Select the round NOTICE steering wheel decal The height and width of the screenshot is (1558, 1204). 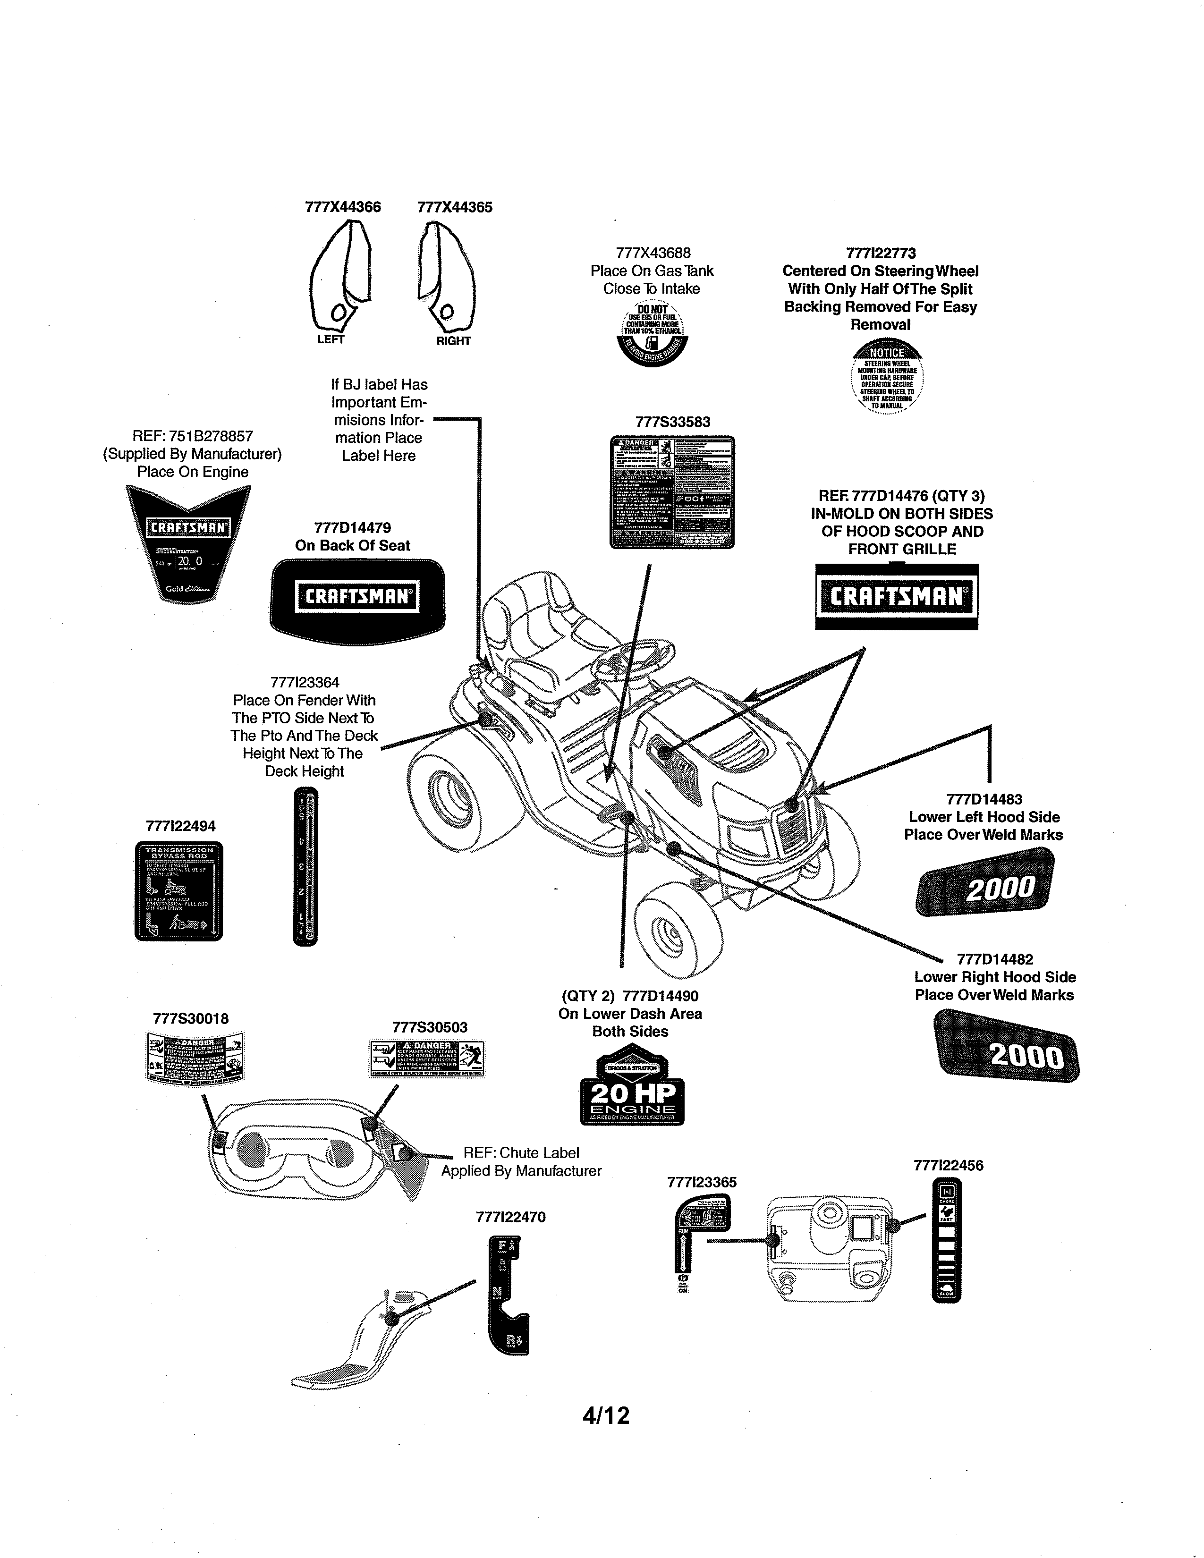887,377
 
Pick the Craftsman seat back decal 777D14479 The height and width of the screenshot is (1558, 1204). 357,596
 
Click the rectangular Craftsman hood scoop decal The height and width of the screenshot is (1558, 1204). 897,596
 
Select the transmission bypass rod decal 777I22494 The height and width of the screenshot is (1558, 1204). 179,891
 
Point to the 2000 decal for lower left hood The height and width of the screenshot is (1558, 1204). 985,882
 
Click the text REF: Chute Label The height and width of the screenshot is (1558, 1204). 521,1153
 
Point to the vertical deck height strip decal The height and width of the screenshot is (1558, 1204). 305,867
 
